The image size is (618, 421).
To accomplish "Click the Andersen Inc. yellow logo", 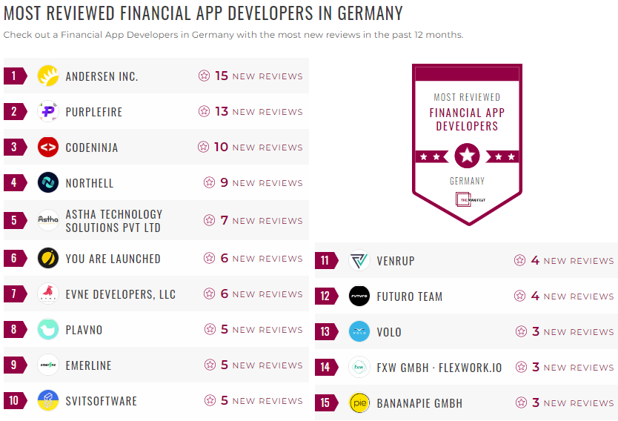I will click(x=48, y=76).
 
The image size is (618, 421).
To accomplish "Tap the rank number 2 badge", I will click(x=14, y=112).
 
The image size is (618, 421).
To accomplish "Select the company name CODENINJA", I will click(x=92, y=147).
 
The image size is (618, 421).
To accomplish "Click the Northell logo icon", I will click(x=48, y=183).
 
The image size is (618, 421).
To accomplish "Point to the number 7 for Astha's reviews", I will click(x=224, y=220).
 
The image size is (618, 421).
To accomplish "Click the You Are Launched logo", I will click(x=48, y=258).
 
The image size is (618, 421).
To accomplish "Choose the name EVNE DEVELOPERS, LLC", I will click(x=121, y=294).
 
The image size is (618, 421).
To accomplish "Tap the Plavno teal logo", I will click(x=48, y=330).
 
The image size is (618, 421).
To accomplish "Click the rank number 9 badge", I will click(x=14, y=365).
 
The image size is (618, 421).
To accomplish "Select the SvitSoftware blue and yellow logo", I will click(x=48, y=401).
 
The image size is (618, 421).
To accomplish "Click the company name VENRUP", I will click(x=396, y=261).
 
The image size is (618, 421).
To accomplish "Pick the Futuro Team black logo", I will click(x=359, y=296).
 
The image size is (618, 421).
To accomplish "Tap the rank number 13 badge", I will click(x=325, y=332).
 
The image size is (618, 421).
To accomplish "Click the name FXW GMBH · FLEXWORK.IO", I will click(x=439, y=368).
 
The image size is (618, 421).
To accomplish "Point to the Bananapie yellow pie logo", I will click(x=359, y=403).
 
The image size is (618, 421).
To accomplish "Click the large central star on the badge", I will click(x=467, y=156).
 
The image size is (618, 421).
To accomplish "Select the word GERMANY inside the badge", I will click(x=467, y=181).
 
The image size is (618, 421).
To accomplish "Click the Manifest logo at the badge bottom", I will click(x=467, y=199).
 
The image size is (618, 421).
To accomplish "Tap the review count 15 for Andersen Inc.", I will click(x=222, y=76).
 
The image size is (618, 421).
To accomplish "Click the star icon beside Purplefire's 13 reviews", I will click(x=204, y=111).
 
